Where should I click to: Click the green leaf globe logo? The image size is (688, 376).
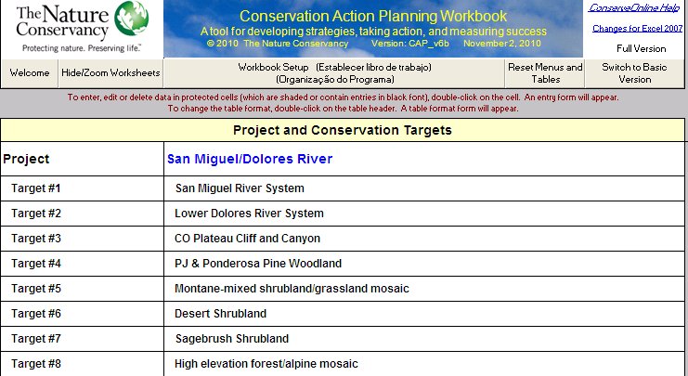[x=132, y=18]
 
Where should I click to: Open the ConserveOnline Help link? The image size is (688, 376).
[x=634, y=8]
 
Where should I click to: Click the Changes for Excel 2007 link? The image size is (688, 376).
[x=637, y=29]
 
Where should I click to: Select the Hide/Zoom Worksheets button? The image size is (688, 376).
[x=110, y=72]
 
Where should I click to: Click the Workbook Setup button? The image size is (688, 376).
[x=334, y=72]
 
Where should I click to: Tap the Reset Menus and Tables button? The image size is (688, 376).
[x=545, y=72]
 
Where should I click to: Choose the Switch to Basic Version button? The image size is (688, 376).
[x=634, y=72]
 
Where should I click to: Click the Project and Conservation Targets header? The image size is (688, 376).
[x=343, y=130]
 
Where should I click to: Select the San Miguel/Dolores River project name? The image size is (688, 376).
[x=250, y=159]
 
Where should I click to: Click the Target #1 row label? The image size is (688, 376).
[x=36, y=188]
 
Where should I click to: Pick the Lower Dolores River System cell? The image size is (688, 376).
[x=249, y=214]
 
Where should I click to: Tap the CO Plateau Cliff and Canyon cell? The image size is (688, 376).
[x=248, y=239]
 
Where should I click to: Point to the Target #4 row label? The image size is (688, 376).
[x=36, y=264]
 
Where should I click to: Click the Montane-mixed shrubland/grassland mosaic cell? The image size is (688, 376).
[x=292, y=288]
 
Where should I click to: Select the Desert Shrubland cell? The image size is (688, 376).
[x=220, y=314]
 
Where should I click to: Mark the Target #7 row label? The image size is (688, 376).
[x=36, y=339]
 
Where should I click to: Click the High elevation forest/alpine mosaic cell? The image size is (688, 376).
[x=266, y=364]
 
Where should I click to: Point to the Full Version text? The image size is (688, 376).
[x=641, y=48]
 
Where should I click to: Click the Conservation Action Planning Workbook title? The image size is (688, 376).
[x=373, y=16]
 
